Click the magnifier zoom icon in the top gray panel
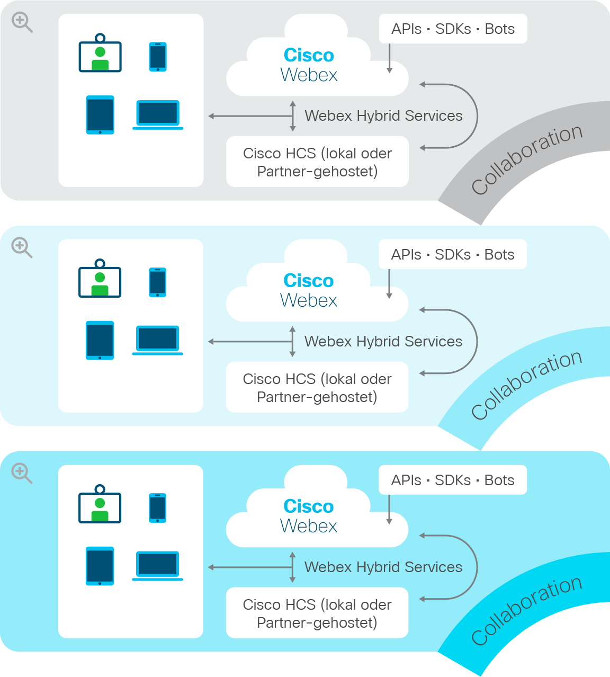pyautogui.click(x=22, y=22)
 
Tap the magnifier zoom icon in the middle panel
pyautogui.click(x=22, y=248)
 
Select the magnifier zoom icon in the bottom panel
pyautogui.click(x=22, y=473)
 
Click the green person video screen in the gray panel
pyautogui.click(x=100, y=52)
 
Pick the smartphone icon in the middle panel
pyautogui.click(x=158, y=282)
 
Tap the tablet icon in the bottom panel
pyautogui.click(x=100, y=566)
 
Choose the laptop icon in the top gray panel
pyautogui.click(x=158, y=115)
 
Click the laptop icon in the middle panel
pyautogui.click(x=158, y=340)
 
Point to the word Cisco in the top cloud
pyautogui.click(x=309, y=55)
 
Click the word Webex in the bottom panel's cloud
pyautogui.click(x=308, y=526)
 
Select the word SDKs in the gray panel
pyautogui.click(x=453, y=29)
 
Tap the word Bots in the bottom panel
pyautogui.click(x=499, y=480)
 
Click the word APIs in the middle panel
pyautogui.click(x=406, y=255)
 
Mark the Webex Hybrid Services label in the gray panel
pyautogui.click(x=383, y=116)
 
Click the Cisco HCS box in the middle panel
pyautogui.click(x=317, y=387)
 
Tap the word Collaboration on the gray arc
pyautogui.click(x=527, y=159)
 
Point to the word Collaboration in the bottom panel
pyautogui.click(x=527, y=610)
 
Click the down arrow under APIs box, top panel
pyautogui.click(x=389, y=58)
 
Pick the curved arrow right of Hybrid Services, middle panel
pyautogui.click(x=478, y=342)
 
